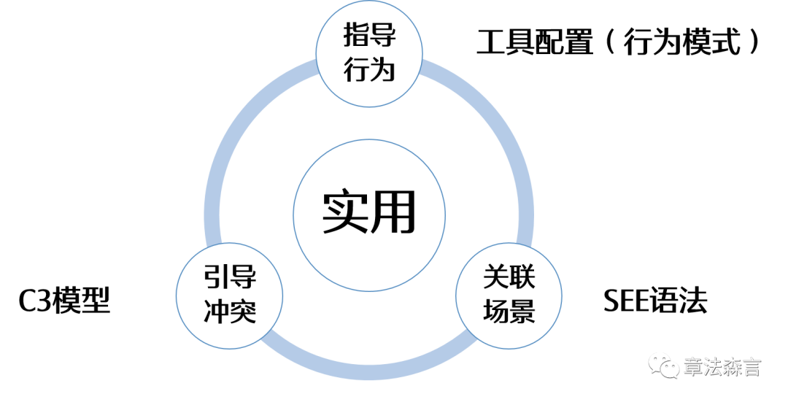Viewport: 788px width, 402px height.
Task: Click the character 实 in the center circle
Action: coord(344,212)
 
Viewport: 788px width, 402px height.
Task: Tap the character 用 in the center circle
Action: coord(392,212)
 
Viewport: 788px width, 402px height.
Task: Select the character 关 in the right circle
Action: coord(496,278)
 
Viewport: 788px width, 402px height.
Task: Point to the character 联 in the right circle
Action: coord(523,278)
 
